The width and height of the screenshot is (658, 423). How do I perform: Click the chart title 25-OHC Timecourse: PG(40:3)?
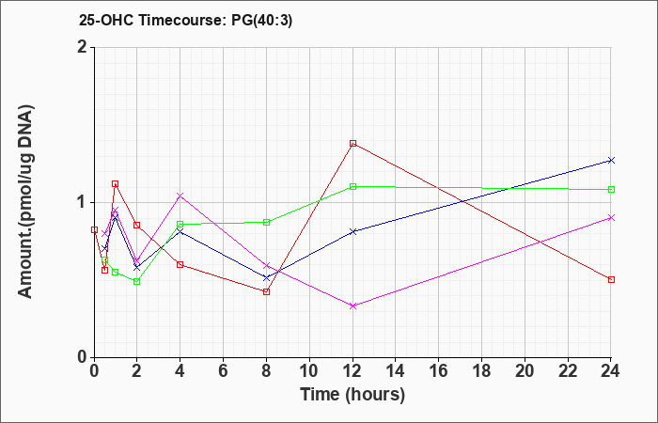click(x=185, y=21)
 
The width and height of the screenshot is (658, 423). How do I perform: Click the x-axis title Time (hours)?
click(x=352, y=395)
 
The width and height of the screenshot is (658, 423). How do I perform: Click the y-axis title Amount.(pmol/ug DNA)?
click(x=26, y=202)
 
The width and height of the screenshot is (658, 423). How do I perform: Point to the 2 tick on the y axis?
click(x=84, y=47)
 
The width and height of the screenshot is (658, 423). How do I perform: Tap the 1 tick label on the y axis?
click(x=84, y=202)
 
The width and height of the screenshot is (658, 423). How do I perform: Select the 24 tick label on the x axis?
click(x=611, y=371)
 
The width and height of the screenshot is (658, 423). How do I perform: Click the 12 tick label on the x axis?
click(x=352, y=371)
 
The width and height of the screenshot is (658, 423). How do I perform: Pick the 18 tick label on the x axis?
click(x=481, y=371)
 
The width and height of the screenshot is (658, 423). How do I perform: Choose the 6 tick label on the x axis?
click(x=224, y=371)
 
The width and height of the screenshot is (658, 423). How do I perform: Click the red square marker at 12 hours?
click(x=352, y=144)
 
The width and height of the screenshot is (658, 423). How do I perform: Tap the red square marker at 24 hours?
click(x=611, y=279)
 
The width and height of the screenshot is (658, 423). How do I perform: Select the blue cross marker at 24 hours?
click(x=611, y=161)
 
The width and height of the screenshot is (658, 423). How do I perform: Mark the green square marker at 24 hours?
click(x=611, y=189)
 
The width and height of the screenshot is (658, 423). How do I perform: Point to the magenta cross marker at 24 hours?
click(x=611, y=217)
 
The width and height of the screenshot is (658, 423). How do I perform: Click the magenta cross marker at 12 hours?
click(x=352, y=305)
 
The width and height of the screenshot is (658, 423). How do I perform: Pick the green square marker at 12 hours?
click(x=352, y=186)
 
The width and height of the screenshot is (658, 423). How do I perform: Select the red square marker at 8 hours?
click(x=266, y=291)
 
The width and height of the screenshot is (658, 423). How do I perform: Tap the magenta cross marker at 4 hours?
click(x=180, y=196)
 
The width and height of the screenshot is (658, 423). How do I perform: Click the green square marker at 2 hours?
click(x=137, y=281)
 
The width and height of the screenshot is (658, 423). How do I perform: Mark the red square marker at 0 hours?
click(x=94, y=230)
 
